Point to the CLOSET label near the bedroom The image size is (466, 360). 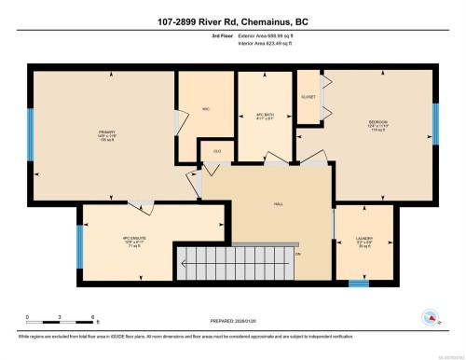[x=308, y=96]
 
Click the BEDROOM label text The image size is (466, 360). [x=378, y=124]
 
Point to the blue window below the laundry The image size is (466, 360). [x=358, y=282]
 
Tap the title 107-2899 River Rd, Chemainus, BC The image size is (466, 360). [x=233, y=20]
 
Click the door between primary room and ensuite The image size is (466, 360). [x=137, y=202]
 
